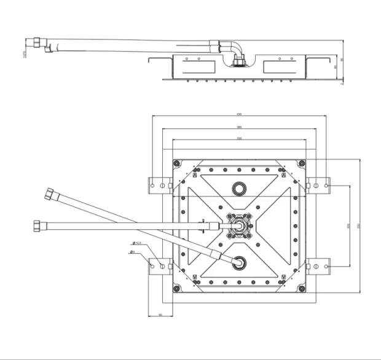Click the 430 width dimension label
(238, 114)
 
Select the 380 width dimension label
(238, 127)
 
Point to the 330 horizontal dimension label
(238, 139)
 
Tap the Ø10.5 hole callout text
(138, 244)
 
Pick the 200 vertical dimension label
(348, 225)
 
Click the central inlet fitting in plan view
(238, 225)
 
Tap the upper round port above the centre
(238, 188)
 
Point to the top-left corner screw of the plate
(177, 163)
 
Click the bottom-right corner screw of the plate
(300, 288)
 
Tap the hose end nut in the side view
(37, 45)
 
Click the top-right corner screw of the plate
(300, 163)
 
